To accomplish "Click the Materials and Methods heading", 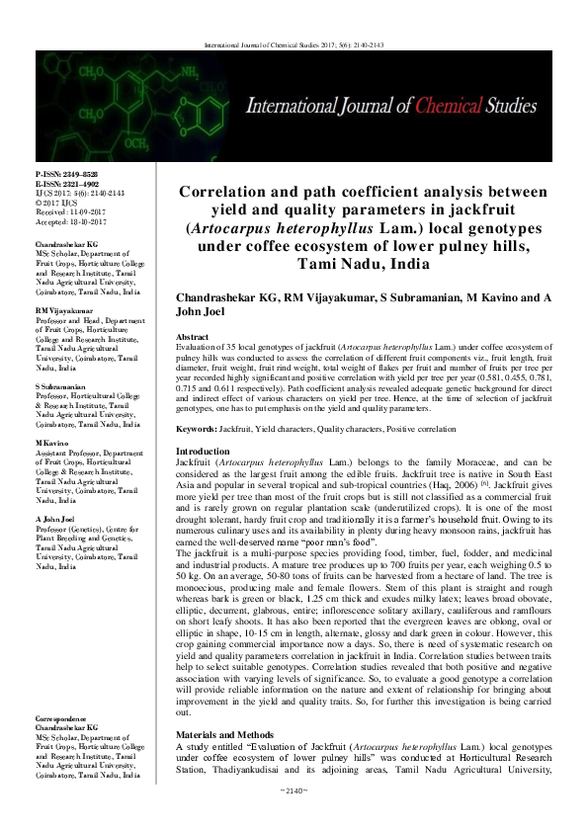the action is click(229, 736).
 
